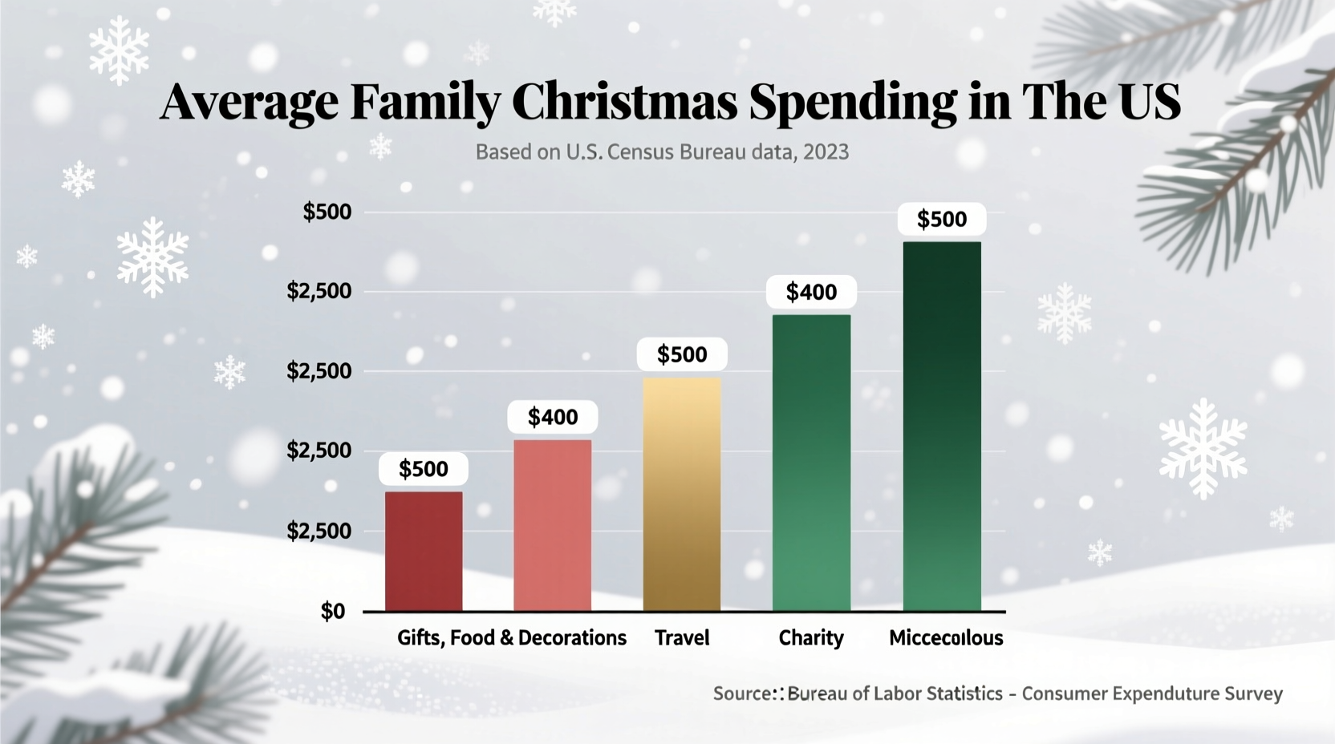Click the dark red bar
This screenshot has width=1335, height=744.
pyautogui.click(x=424, y=551)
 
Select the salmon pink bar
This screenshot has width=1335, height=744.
pyautogui.click(x=552, y=525)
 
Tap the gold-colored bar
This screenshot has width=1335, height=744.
pyautogui.click(x=682, y=494)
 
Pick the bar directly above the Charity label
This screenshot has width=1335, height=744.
pyautogui.click(x=811, y=463)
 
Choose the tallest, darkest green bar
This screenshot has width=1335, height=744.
pyautogui.click(x=942, y=426)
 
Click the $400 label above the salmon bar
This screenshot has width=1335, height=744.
pyautogui.click(x=553, y=417)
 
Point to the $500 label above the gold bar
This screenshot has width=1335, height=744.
pyautogui.click(x=682, y=354)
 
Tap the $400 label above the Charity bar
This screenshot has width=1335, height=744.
pyautogui.click(x=811, y=292)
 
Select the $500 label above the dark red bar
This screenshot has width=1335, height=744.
pyautogui.click(x=424, y=469)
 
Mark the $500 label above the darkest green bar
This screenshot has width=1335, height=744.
pyautogui.click(x=942, y=219)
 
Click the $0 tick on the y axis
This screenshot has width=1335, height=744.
pyautogui.click(x=333, y=612)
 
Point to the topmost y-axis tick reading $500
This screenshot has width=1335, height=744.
pyautogui.click(x=327, y=212)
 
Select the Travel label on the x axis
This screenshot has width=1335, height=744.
pyautogui.click(x=682, y=638)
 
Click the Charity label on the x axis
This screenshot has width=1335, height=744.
pyautogui.click(x=811, y=638)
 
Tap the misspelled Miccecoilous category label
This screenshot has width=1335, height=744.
pyautogui.click(x=946, y=638)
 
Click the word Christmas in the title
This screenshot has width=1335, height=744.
pyautogui.click(x=624, y=102)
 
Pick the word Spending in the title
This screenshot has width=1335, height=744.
pyautogui.click(x=853, y=102)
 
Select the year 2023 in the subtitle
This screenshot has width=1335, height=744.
pyautogui.click(x=826, y=152)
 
